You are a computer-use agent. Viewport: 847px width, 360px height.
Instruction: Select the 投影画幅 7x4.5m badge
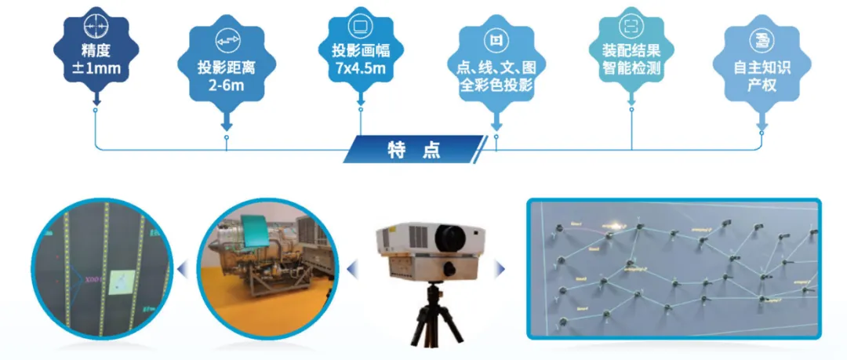[x=361, y=53]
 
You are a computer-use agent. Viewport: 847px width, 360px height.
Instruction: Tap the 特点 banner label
[x=414, y=149]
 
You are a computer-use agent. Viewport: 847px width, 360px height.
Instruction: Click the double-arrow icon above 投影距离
[x=227, y=41]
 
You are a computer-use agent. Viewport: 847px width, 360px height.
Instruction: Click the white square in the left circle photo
[x=122, y=281]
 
